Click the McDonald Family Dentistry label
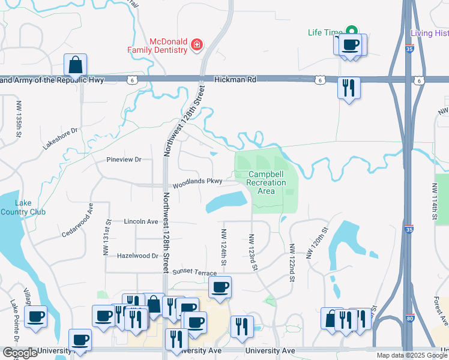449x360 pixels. [157, 45]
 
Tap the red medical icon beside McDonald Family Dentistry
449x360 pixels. [196, 45]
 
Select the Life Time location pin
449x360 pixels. [352, 31]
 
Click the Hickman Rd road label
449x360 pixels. [235, 79]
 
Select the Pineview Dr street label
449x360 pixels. [123, 160]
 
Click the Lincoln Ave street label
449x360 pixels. [140, 221]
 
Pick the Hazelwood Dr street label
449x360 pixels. [137, 256]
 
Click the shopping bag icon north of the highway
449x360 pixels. [76, 65]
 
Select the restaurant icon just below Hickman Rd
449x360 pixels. [348, 88]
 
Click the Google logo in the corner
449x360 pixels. [19, 353]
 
